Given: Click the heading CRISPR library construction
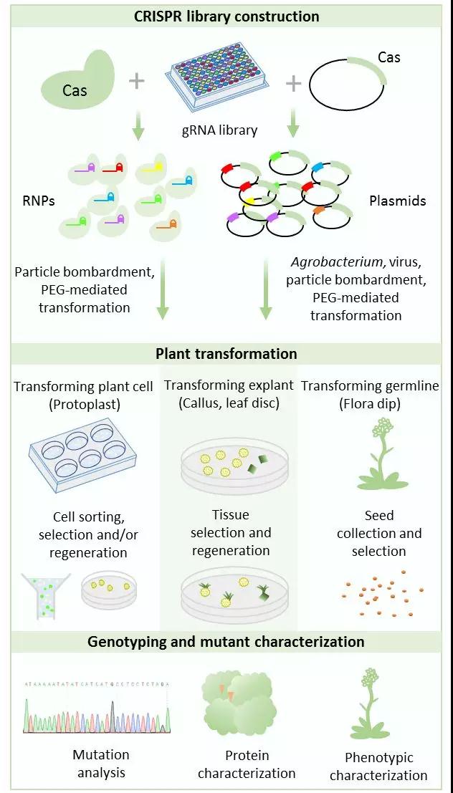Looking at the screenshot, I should pos(226,16).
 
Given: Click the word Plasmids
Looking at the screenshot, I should pos(397,201).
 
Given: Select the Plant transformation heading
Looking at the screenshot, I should pos(226,353).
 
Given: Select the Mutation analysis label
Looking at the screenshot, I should pos(101,763).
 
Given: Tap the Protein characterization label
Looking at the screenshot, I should pos(247,764).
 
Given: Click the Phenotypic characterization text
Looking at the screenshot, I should pos(378,766).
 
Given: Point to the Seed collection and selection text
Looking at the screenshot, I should pos(379,533).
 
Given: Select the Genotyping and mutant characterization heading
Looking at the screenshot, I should pos(226,641).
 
